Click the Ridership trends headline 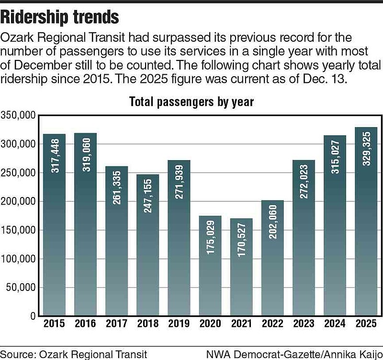tap(60, 17)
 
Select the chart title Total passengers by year tap(191, 102)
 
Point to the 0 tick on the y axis tap(32, 316)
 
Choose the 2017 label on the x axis tap(116, 324)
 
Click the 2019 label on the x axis tap(179, 324)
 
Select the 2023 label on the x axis tap(303, 324)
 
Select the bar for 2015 tap(54, 225)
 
